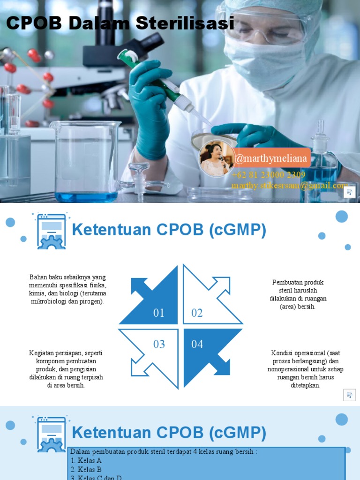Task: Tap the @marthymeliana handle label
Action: [x=271, y=158]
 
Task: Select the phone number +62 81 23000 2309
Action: [x=268, y=175]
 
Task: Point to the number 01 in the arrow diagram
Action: [x=159, y=313]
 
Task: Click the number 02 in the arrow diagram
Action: [x=197, y=313]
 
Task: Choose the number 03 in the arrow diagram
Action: [x=159, y=345]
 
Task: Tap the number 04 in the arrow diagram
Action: [x=197, y=345]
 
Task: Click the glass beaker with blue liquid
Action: [x=86, y=162]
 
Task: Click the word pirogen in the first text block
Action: [x=92, y=301]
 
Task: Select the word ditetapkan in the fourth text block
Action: [x=305, y=385]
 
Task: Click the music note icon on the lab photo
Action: [x=349, y=192]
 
